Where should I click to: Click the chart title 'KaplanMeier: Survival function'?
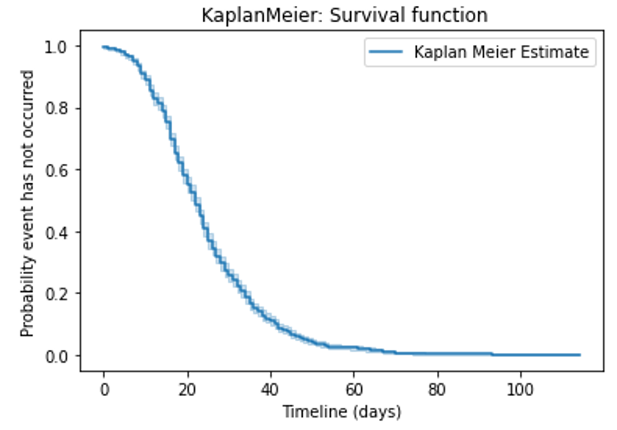(344, 16)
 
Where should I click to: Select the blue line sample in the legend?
(385, 52)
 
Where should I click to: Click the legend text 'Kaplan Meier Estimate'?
(502, 52)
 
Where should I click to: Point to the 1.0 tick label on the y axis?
(56, 47)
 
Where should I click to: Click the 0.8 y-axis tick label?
(56, 108)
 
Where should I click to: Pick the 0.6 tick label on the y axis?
(56, 170)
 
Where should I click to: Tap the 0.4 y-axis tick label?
(56, 232)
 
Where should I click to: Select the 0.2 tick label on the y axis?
(56, 294)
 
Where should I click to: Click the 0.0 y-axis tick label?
(56, 356)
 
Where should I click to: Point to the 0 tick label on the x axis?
(104, 390)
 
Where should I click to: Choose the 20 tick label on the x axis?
(187, 390)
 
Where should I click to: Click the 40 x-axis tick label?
(270, 390)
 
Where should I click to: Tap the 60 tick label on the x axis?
(354, 390)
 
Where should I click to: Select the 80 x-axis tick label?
(437, 390)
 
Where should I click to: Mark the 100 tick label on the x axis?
(520, 390)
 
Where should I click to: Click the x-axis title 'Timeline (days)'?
(342, 412)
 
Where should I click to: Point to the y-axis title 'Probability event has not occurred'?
(27, 203)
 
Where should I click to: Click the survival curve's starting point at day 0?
(103, 47)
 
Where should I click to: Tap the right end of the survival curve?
(580, 355)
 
